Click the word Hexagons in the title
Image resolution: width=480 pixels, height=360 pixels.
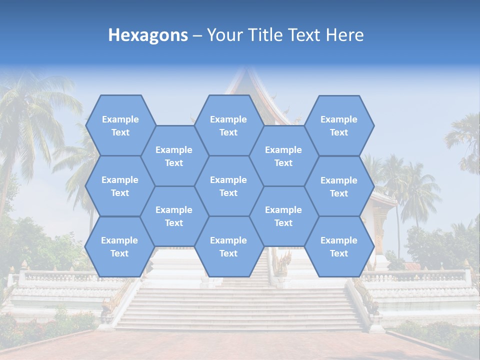[x=148, y=35]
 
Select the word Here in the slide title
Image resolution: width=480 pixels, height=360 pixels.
[x=344, y=35]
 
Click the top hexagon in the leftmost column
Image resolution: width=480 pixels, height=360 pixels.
[x=120, y=125]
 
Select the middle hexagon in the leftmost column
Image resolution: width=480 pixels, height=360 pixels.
[x=120, y=186]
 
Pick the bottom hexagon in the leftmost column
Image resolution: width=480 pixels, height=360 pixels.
[x=119, y=246]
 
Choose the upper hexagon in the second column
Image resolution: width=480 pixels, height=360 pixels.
[x=174, y=156]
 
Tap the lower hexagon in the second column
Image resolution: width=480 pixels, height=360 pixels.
[x=174, y=216]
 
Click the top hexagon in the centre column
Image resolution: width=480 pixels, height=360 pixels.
[x=228, y=125]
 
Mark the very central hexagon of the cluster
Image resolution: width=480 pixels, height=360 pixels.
[x=228, y=186]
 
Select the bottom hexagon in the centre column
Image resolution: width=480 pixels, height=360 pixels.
[x=228, y=246]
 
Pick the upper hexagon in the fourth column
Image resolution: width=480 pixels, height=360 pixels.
[x=283, y=156]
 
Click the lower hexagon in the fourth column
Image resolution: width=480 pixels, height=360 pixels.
[x=283, y=216]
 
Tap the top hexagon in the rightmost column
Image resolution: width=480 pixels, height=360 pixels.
[x=339, y=125]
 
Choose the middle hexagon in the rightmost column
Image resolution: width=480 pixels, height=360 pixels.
[x=339, y=186]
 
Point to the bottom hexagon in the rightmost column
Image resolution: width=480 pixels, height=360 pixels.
[x=339, y=246]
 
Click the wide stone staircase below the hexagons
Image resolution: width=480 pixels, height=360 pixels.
[x=240, y=305]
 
